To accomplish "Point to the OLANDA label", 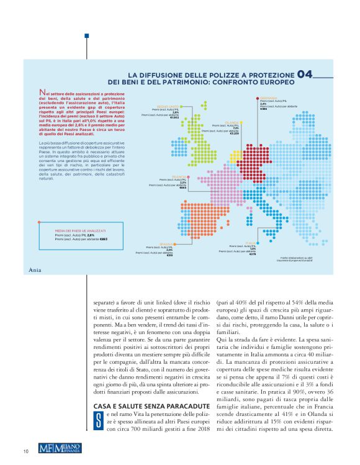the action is point(233,122).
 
